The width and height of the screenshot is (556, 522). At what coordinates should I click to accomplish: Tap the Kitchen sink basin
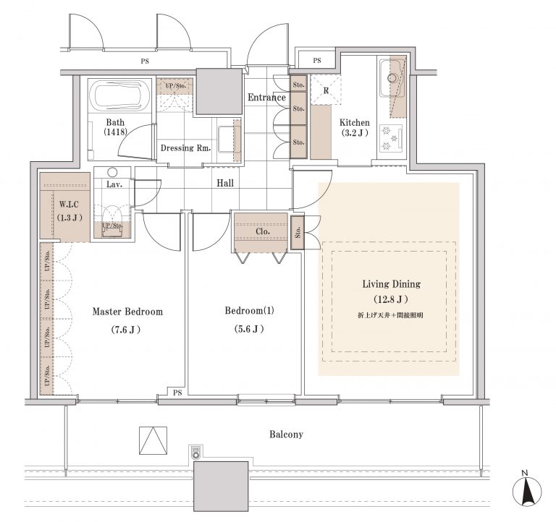tap(392, 78)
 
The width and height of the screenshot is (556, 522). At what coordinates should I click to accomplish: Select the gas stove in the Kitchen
tap(391, 138)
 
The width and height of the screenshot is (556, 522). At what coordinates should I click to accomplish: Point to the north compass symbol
tap(527, 490)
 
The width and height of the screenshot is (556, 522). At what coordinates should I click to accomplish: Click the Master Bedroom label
tap(127, 312)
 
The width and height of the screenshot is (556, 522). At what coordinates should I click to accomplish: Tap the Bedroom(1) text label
tap(249, 311)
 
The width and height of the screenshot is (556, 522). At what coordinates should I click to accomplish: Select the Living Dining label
tap(392, 284)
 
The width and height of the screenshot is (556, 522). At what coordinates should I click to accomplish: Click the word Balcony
tap(286, 435)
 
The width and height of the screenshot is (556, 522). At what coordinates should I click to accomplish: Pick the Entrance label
tap(266, 98)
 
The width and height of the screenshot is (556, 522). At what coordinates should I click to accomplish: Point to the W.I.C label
tap(69, 205)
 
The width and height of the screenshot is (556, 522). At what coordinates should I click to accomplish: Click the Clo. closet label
tap(263, 231)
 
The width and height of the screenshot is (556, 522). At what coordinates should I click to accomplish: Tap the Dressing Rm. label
tap(186, 148)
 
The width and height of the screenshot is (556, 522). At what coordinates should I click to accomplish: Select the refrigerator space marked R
tap(326, 90)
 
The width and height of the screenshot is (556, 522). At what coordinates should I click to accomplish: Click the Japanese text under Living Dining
tap(390, 315)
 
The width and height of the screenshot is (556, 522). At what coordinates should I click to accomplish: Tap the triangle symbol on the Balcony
tap(153, 440)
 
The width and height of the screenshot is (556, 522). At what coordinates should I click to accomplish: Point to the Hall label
tap(225, 183)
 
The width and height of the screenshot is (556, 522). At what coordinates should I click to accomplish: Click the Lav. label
tap(114, 184)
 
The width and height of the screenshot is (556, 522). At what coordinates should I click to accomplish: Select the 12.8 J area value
tap(391, 299)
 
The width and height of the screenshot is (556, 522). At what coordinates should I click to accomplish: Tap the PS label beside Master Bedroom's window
tap(177, 393)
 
